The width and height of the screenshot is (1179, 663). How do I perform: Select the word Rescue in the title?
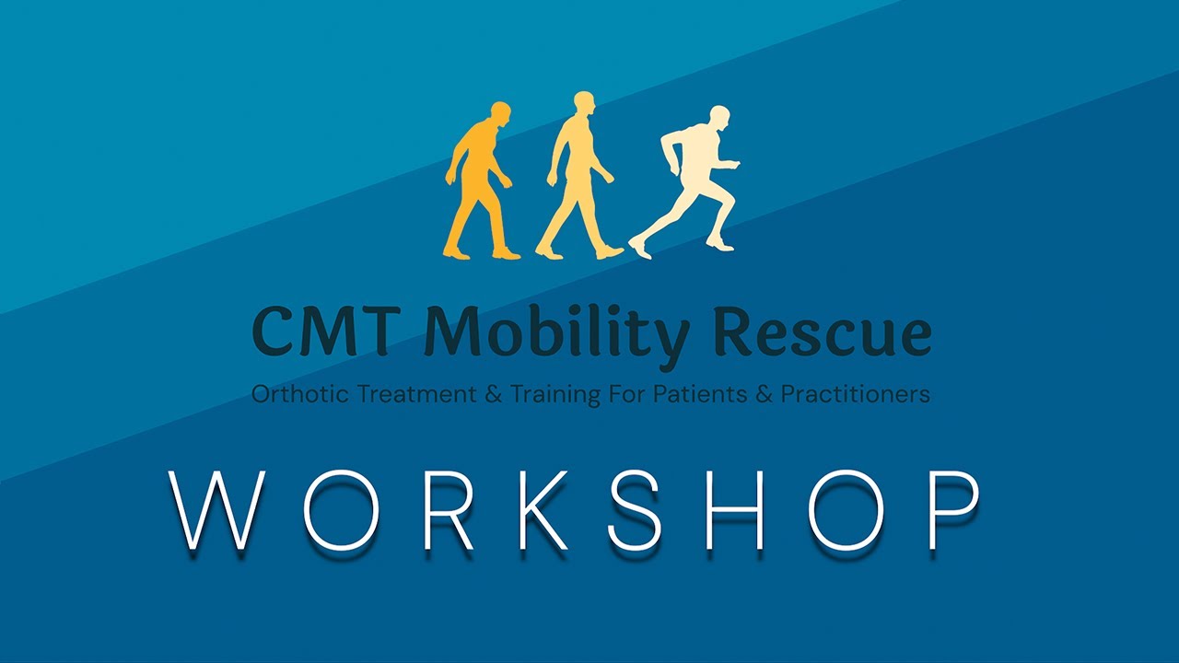pos(823,333)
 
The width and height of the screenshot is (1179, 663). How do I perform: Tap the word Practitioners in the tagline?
pos(856,395)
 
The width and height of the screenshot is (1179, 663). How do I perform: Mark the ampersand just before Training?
pos(494,395)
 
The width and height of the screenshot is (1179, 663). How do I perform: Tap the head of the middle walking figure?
pos(583,102)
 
